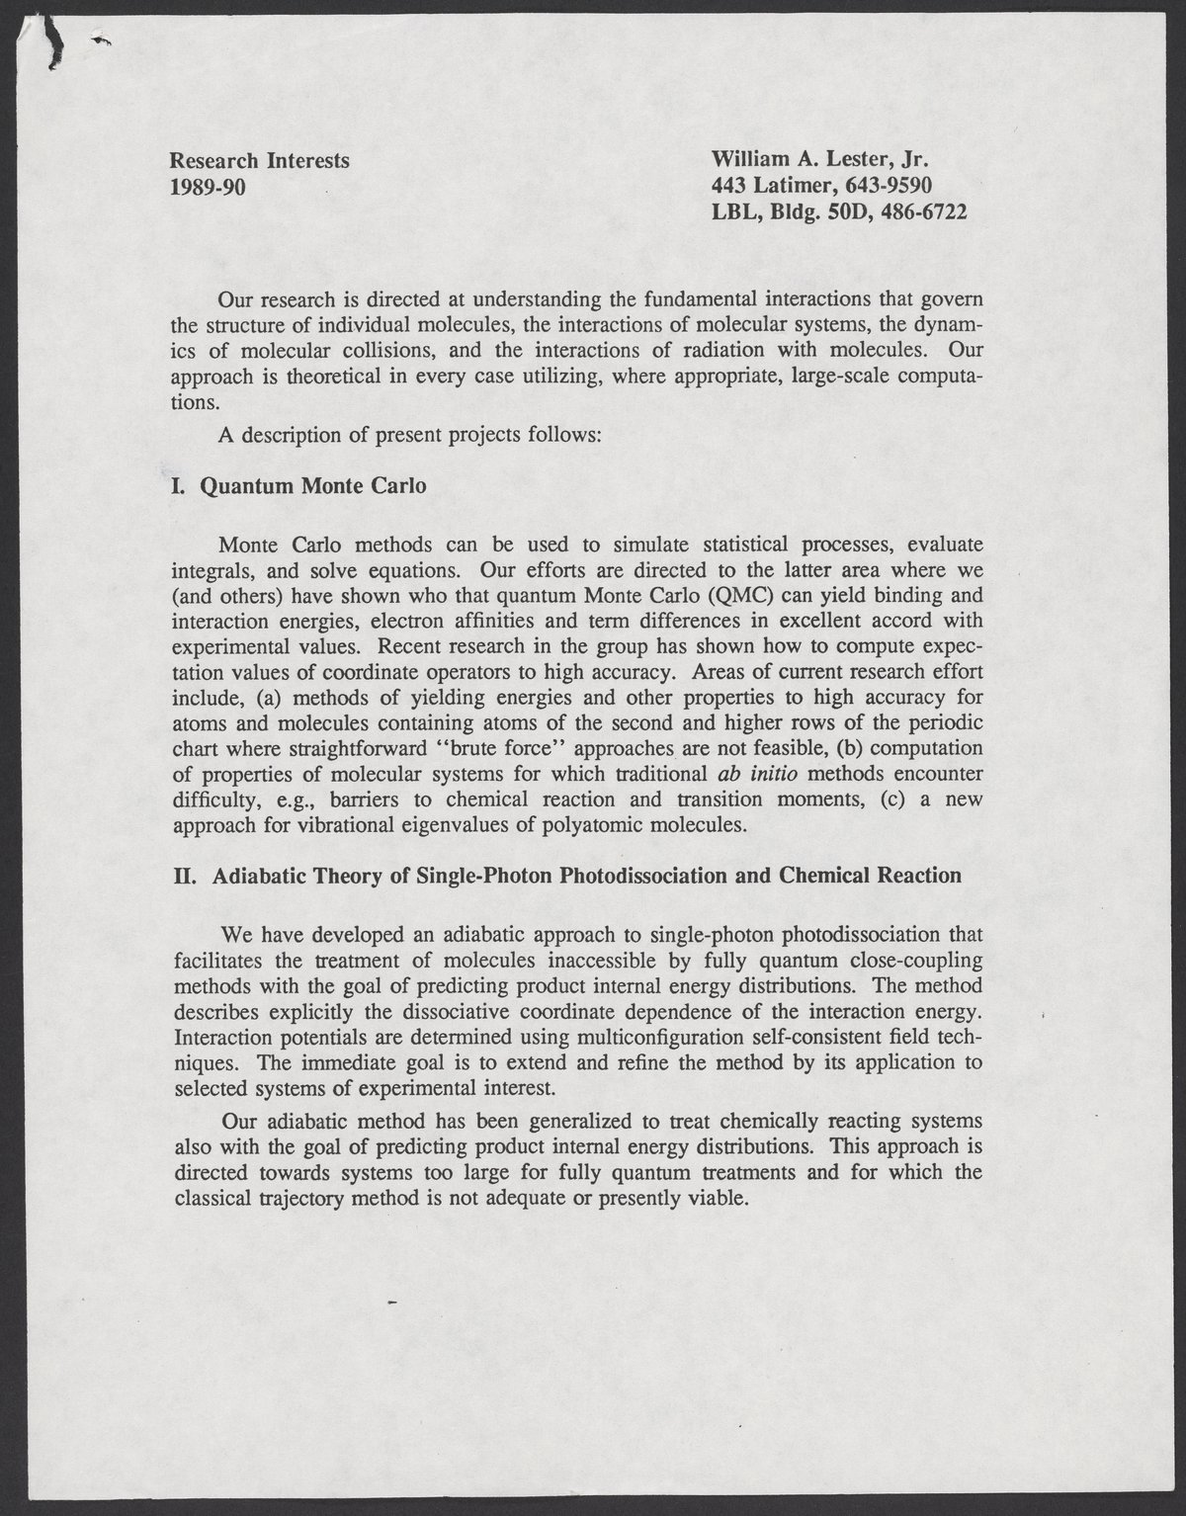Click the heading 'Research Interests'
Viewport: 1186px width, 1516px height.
click(x=259, y=160)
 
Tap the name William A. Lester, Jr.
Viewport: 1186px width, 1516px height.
click(x=822, y=160)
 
